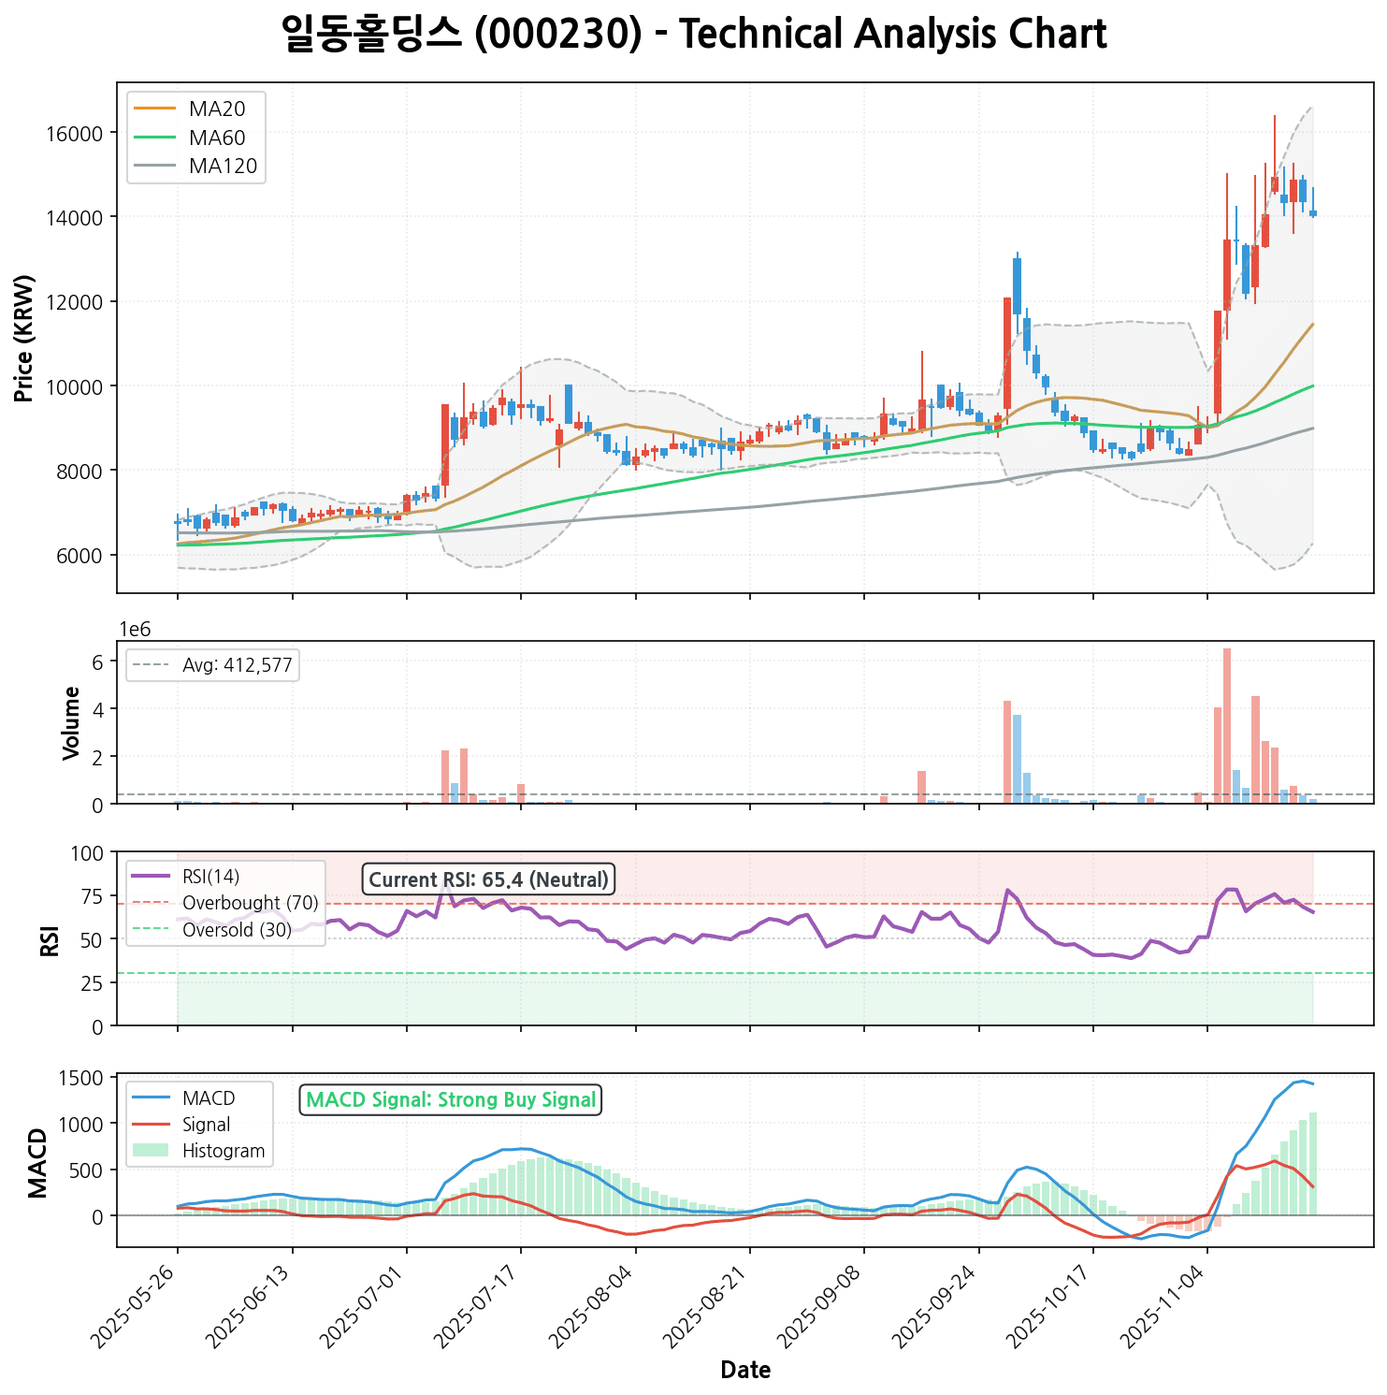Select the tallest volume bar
coord(1227,725)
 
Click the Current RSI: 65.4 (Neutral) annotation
coord(488,879)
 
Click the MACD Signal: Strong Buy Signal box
coord(451,1100)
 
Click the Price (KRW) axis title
coord(24,338)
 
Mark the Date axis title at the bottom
coord(745,1371)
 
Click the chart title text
coord(693,35)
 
